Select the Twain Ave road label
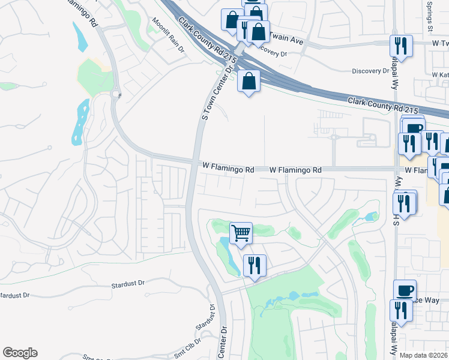tap(286, 38)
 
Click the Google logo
tap(20, 353)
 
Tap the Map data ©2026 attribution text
tap(424, 355)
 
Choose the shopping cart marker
tap(241, 232)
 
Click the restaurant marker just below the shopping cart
tap(255, 265)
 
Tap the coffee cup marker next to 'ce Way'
tap(405, 290)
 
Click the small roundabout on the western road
tap(116, 94)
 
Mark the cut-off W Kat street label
tap(439, 75)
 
